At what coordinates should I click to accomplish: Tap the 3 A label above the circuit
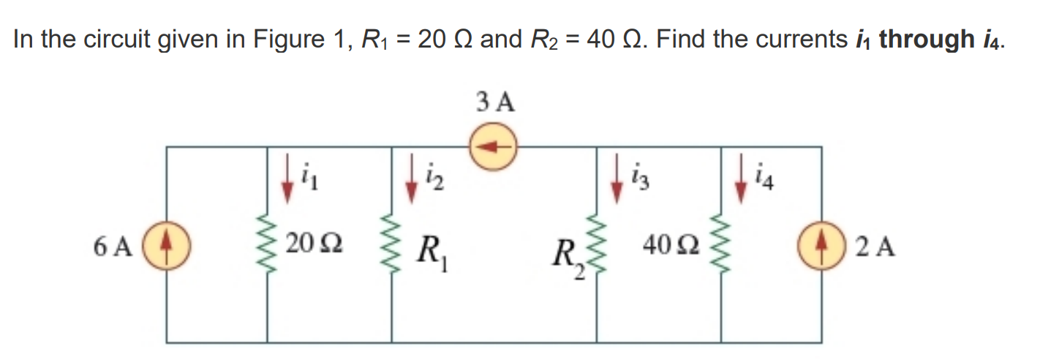click(x=495, y=102)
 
